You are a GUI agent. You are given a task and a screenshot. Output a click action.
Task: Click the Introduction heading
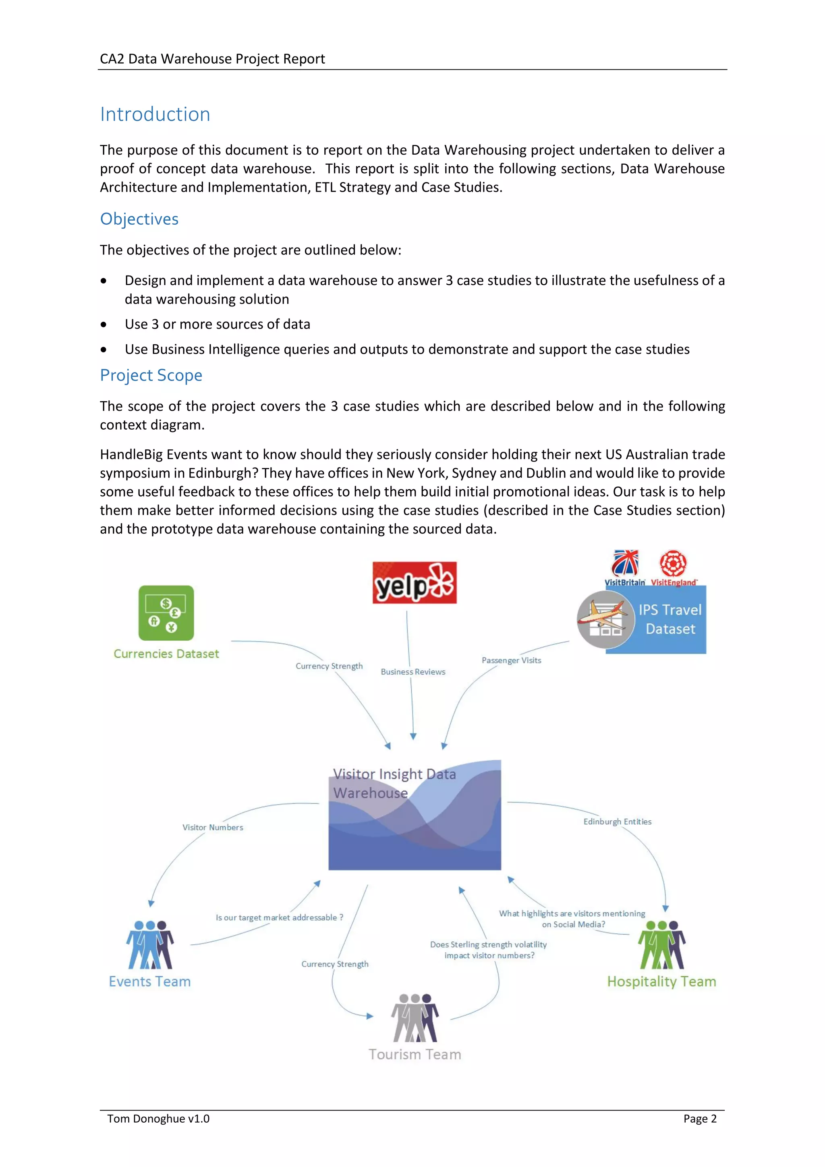(x=155, y=114)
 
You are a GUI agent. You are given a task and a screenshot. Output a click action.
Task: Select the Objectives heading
(x=139, y=219)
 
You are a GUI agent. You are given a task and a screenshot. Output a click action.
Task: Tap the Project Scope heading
(x=151, y=375)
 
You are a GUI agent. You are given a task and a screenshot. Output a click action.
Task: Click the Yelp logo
(x=414, y=582)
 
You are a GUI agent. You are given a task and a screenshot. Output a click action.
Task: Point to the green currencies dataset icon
(x=166, y=612)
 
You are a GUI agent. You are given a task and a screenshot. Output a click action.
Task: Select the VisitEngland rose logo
(x=673, y=563)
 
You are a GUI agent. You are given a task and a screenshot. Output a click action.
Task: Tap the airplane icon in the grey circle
(x=605, y=619)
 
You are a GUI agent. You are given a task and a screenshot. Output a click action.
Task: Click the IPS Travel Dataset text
(x=670, y=619)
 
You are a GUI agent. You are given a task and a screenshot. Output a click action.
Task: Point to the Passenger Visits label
(x=511, y=660)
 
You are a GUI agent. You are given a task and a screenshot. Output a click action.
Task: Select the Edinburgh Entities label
(x=617, y=822)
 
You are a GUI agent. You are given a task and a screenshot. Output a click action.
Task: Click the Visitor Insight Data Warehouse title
(x=394, y=783)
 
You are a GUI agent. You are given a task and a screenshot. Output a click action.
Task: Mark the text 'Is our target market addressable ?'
(x=279, y=917)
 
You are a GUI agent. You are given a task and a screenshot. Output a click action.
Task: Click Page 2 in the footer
(x=699, y=1119)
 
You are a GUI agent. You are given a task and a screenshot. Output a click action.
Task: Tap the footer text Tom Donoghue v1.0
(x=158, y=1119)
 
